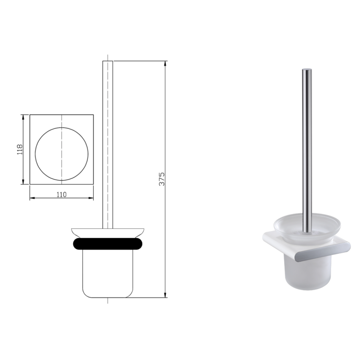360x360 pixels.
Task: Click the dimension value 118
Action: tap(19, 149)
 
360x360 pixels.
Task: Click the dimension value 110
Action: tap(61, 194)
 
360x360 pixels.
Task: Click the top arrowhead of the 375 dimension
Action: tap(165, 64)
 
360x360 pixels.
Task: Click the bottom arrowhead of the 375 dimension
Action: tap(165, 296)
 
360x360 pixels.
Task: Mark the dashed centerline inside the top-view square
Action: tap(62, 127)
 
